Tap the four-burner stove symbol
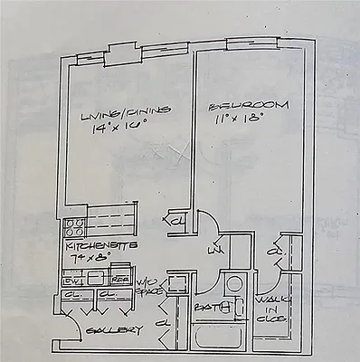[x=76, y=228]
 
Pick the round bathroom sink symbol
[x=233, y=283]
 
